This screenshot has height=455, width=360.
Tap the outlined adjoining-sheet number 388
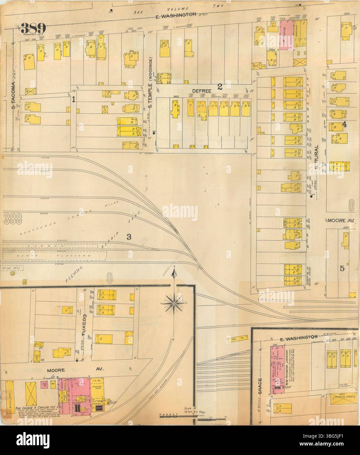click(x=15, y=219)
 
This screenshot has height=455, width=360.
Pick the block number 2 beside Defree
click(x=220, y=86)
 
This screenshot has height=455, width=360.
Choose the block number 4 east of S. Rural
click(x=344, y=124)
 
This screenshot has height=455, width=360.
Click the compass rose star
click(x=174, y=303)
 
